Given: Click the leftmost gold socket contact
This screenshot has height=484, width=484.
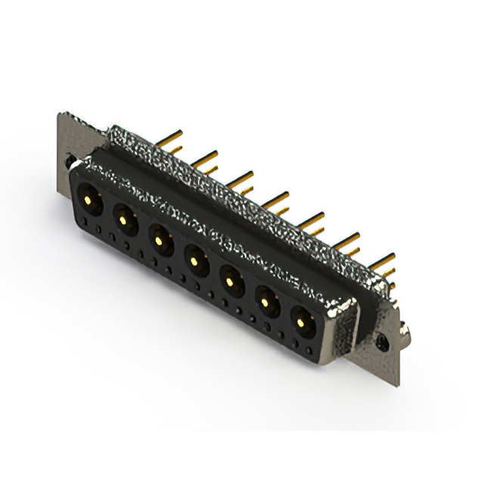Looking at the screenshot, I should click(x=89, y=200).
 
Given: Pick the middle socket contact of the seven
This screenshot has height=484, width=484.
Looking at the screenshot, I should click(x=194, y=261).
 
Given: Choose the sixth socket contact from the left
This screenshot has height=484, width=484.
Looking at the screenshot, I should click(x=266, y=303).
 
